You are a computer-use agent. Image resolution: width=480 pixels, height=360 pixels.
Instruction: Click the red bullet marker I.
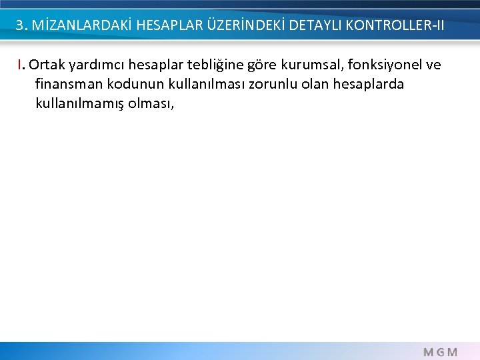(22, 65)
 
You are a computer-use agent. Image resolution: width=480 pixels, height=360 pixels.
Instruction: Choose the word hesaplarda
(373, 85)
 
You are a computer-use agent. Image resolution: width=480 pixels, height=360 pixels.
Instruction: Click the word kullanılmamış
(81, 104)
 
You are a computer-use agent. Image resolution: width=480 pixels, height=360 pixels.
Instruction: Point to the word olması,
(151, 104)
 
